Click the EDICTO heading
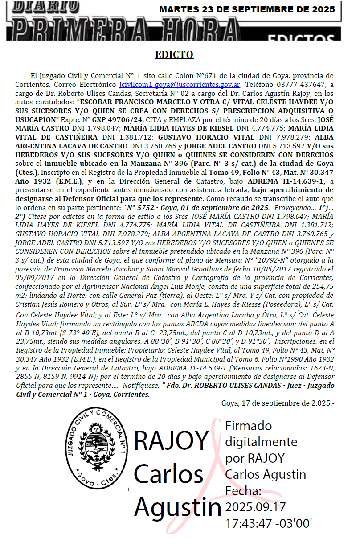pyautogui.click(x=174, y=55)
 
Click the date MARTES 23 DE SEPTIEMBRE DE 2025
pyautogui.click(x=247, y=9)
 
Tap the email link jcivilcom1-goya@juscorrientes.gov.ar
pyautogui.click(x=180, y=85)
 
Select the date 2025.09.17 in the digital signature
pyautogui.click(x=255, y=507)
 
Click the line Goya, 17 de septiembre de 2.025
pyautogui.click(x=278, y=403)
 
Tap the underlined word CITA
pyautogui.click(x=154, y=120)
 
